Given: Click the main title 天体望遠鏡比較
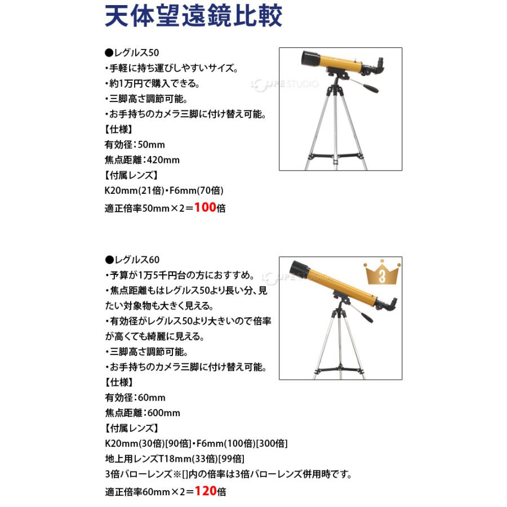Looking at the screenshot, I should click(194, 17).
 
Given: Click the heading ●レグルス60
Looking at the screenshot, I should click(132, 260).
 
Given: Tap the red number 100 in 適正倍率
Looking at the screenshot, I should click(206, 207).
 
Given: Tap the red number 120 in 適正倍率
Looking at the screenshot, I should click(206, 491).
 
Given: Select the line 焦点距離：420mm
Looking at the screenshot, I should click(142, 159).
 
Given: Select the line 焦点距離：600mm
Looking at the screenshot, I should click(143, 412).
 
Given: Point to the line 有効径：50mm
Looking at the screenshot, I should click(135, 144).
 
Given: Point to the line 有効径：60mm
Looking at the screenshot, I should click(135, 397).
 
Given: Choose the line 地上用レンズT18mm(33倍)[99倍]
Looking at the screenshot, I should click(175, 459).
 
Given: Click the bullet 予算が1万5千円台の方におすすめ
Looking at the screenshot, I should click(183, 275).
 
